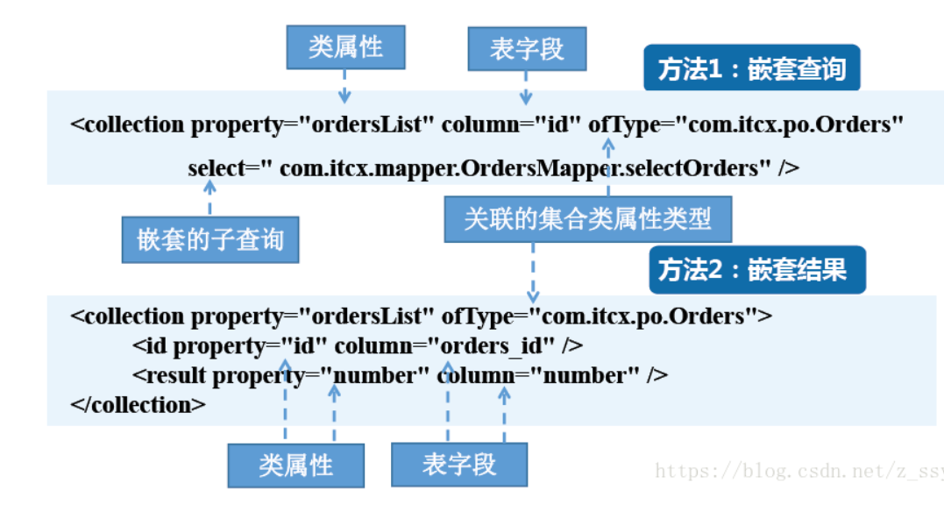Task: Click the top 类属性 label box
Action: click(345, 46)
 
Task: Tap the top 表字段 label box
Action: click(526, 48)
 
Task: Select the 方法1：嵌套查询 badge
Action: click(751, 68)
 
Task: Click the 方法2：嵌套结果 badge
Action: click(756, 270)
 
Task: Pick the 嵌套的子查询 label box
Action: click(209, 239)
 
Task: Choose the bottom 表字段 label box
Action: click(458, 464)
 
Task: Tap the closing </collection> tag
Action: click(138, 405)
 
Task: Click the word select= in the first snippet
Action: click(219, 168)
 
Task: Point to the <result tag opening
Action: click(169, 376)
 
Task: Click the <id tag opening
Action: click(151, 346)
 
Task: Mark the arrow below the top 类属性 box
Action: click(344, 87)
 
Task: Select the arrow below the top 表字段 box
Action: click(526, 87)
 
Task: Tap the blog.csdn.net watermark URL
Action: click(798, 471)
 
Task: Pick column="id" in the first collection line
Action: click(510, 124)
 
